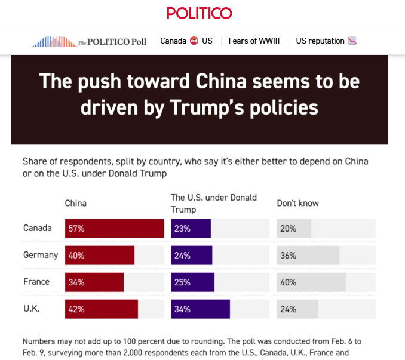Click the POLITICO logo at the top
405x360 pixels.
point(200,13)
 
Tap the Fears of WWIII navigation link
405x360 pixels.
point(254,41)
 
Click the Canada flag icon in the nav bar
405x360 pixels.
point(194,41)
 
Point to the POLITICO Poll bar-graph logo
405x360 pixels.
point(54,42)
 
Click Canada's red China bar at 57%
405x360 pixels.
point(114,229)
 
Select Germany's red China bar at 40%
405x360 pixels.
point(100,256)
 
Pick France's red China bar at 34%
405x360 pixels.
point(94,282)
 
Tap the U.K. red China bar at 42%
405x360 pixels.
point(102,309)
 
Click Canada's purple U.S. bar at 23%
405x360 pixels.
point(191,229)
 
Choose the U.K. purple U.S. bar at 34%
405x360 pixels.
point(201,309)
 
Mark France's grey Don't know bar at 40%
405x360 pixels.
point(311,282)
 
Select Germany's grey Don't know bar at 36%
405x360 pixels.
point(308,256)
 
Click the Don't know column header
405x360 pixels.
point(297,203)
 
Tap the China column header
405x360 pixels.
point(76,203)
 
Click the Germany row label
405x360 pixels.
point(41,255)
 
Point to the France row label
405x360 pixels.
point(36,282)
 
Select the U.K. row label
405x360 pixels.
point(32,309)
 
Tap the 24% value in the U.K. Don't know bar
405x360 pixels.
point(288,309)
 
